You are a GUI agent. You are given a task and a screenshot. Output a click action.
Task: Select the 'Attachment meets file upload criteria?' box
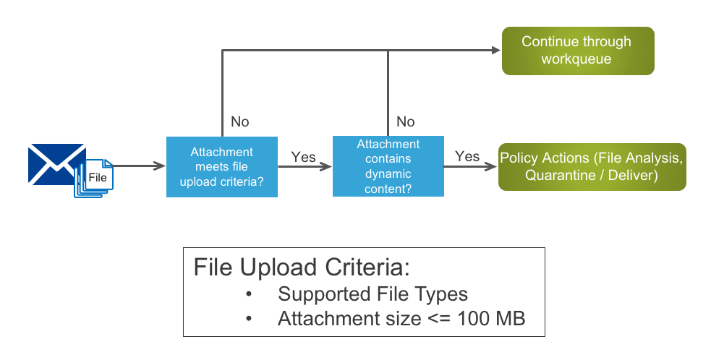pos(221,166)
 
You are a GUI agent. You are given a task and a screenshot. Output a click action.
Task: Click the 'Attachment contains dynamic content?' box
pos(388,166)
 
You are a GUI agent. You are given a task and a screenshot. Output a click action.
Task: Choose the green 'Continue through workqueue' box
pos(577,51)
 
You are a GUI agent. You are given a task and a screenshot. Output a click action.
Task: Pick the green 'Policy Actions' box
pos(592,166)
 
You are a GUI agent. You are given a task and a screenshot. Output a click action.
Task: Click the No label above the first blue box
pos(239,121)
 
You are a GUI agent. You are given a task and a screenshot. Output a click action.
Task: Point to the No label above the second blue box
pos(406,121)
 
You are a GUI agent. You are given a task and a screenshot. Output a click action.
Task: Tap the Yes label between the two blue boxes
pos(304,156)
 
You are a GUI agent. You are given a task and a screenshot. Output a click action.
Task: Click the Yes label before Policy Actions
pos(467,156)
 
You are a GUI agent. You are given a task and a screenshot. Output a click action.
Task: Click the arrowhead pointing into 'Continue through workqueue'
pos(495,50)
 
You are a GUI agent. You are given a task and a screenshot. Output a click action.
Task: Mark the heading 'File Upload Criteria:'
pos(302,267)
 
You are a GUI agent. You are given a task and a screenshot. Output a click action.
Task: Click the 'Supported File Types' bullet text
pos(372,294)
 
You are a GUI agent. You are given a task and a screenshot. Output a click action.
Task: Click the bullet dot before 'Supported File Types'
pos(250,295)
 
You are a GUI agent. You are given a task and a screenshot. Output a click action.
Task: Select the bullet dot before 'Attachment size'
pos(250,319)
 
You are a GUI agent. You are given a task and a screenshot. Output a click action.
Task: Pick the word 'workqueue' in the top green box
pos(576,59)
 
